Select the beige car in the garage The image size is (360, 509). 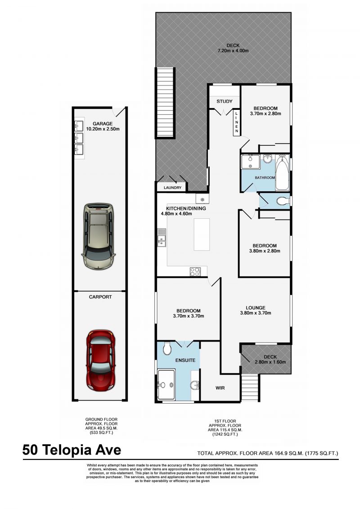point(98,235)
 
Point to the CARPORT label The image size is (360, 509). point(100,297)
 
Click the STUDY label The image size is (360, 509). point(224,101)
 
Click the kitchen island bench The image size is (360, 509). point(202,234)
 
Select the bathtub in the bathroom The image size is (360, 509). point(282,174)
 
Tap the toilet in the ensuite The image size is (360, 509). point(166,348)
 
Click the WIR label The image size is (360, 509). point(220,387)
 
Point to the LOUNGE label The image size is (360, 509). point(255,308)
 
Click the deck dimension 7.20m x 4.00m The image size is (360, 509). point(233,51)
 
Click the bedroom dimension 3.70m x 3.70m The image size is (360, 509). point(188,316)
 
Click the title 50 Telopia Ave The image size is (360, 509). point(72,450)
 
